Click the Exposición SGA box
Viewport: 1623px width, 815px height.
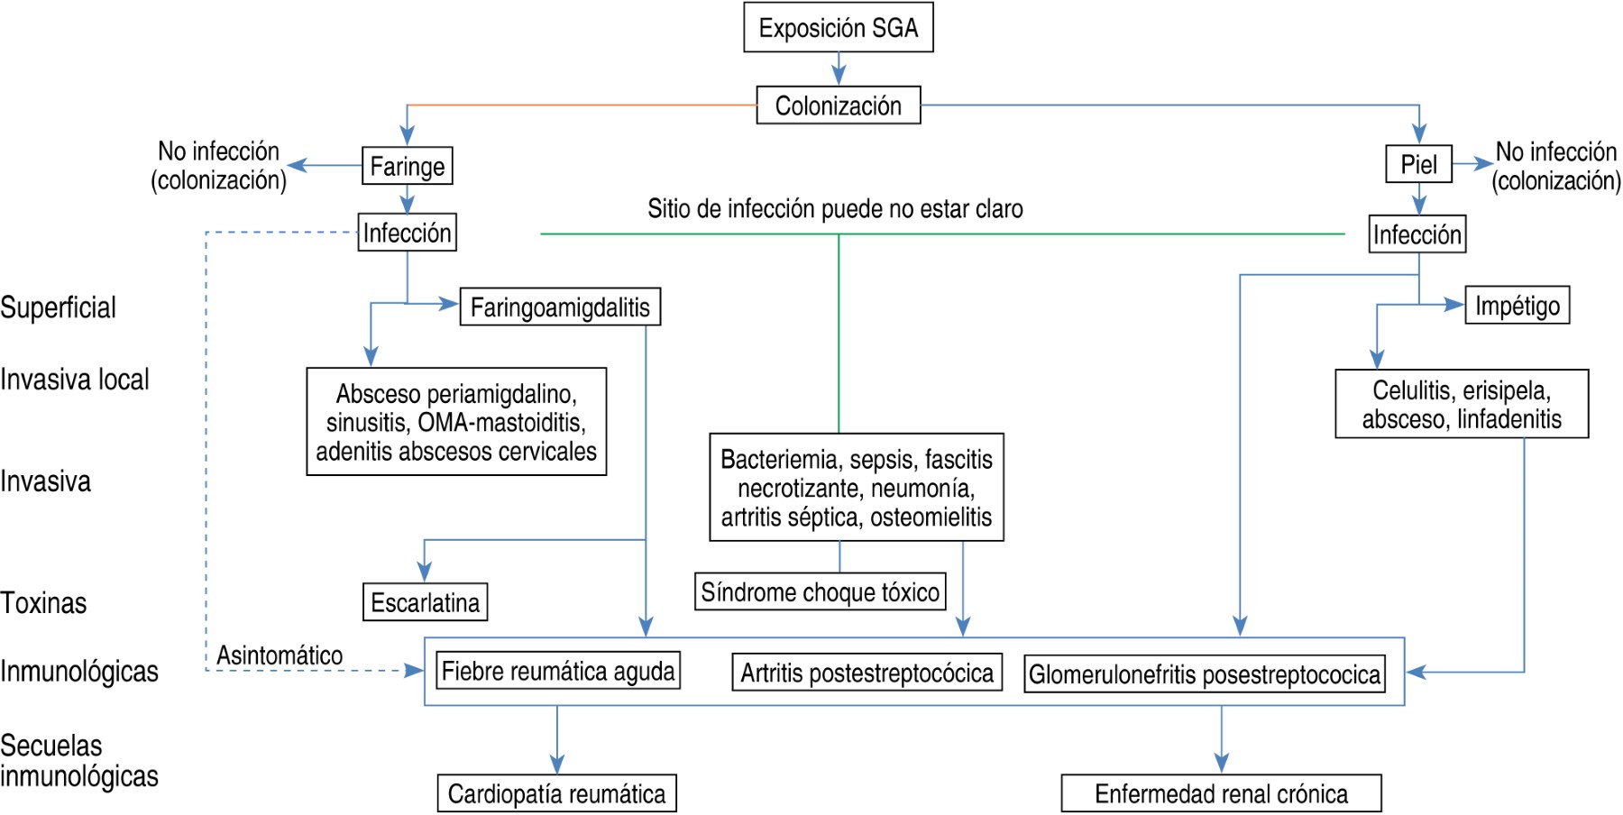[x=838, y=28]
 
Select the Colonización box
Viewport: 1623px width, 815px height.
[x=838, y=105]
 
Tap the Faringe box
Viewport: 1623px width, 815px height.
[x=407, y=166]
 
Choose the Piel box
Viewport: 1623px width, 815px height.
[x=1418, y=164]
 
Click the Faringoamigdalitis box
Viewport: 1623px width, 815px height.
[x=560, y=307]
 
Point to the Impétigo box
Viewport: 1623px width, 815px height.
[x=1517, y=306]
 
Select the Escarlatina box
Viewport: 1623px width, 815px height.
[x=425, y=602]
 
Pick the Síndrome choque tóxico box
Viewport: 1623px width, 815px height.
[x=820, y=592]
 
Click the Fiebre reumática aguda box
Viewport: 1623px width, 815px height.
[x=557, y=672]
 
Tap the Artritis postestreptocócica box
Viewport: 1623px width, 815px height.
[x=867, y=673]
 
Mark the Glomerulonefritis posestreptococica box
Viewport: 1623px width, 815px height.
[x=1204, y=674]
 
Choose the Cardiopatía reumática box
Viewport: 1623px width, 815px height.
[x=556, y=793]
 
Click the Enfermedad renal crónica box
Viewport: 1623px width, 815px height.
[x=1221, y=793]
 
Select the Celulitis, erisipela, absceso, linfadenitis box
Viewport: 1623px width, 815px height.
[x=1461, y=404]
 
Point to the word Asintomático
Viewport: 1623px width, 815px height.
[x=280, y=655]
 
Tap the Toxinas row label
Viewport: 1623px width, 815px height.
[x=43, y=602]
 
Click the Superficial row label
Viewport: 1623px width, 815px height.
[x=58, y=307]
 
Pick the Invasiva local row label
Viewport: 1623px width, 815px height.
[x=75, y=380]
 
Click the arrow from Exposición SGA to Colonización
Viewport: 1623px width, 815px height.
[x=839, y=69]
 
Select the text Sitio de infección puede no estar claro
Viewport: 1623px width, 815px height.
[x=835, y=209]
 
